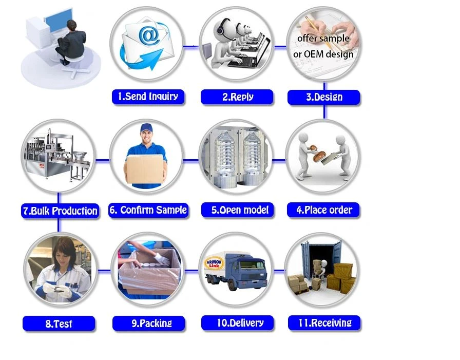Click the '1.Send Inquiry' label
click(148, 97)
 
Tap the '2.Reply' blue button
click(237, 97)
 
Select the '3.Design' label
click(323, 98)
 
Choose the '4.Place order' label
click(323, 210)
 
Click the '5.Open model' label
click(238, 210)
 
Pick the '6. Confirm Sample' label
click(148, 210)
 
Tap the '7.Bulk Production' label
click(60, 211)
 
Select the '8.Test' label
click(59, 324)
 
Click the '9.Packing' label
click(149, 324)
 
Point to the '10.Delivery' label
click(238, 323)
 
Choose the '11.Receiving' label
click(324, 323)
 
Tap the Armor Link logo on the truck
click(214, 263)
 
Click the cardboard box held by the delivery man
click(145, 169)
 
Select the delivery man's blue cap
click(146, 128)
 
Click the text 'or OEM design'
click(323, 54)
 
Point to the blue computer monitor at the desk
click(59, 21)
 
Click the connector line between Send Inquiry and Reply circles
click(191, 46)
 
